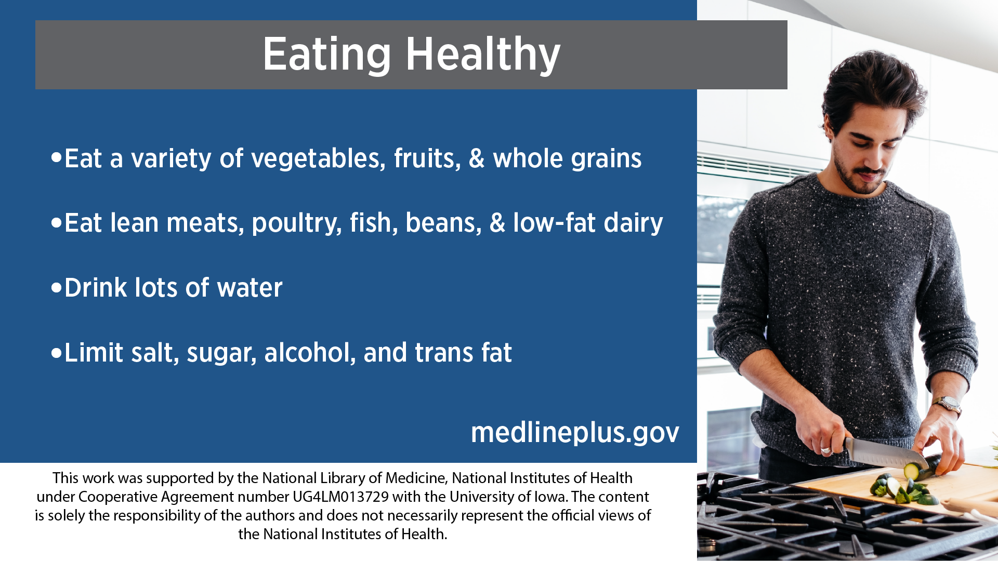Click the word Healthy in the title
click(483, 55)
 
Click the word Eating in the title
click(326, 55)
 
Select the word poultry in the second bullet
click(296, 223)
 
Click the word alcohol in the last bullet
click(310, 353)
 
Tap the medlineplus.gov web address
click(575, 432)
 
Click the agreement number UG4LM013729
click(340, 497)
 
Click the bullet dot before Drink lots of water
click(57, 287)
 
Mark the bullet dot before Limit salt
click(57, 353)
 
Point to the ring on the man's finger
click(825, 449)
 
